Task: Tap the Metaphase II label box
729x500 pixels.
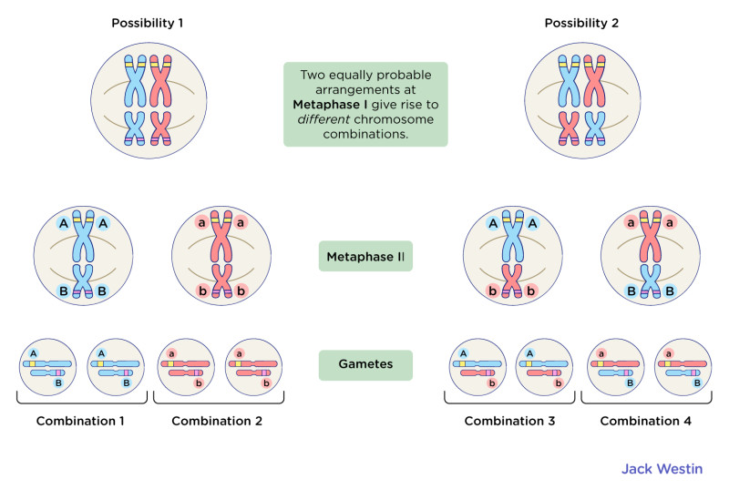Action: [x=364, y=258]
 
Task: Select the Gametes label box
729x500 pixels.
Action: [x=364, y=363]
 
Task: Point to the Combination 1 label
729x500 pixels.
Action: [x=81, y=422]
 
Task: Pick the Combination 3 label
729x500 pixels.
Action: [x=509, y=422]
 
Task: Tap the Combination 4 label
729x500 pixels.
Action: [x=646, y=422]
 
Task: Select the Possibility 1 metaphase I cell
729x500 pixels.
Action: [x=147, y=98]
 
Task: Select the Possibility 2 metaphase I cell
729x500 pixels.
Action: [x=581, y=98]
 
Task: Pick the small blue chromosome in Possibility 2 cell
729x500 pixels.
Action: [x=595, y=127]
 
